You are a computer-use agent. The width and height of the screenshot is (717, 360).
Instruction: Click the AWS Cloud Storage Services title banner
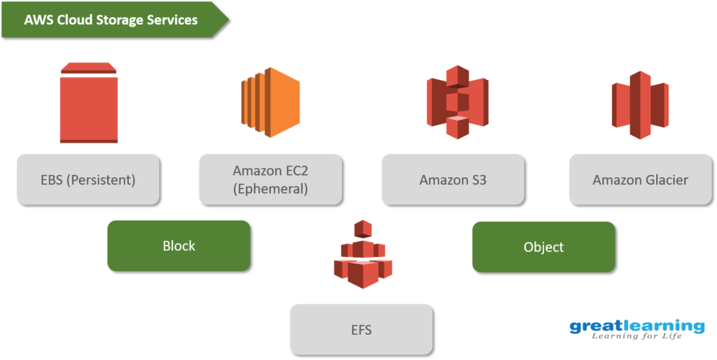[112, 20]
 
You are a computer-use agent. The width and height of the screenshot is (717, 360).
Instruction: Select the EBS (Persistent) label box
[88, 179]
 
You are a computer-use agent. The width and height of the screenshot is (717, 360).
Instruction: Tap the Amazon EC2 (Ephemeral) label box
[270, 179]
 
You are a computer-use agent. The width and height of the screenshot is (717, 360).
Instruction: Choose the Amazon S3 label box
[453, 179]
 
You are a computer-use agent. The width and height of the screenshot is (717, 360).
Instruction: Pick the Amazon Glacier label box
[640, 179]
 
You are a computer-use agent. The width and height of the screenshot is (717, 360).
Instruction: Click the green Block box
[179, 246]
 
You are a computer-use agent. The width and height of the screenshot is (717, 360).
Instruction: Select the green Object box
[543, 247]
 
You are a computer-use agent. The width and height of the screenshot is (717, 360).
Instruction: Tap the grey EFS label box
[361, 328]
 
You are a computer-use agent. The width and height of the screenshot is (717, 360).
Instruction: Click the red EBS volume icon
[89, 103]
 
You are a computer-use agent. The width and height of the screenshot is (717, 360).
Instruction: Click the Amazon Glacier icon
[640, 104]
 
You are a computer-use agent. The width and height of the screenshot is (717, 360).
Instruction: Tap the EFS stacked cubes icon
[363, 256]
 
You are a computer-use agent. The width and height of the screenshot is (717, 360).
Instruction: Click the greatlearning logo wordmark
[636, 326]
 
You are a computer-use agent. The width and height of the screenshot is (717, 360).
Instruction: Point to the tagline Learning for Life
[637, 338]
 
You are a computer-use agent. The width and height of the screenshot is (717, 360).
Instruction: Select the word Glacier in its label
[665, 180]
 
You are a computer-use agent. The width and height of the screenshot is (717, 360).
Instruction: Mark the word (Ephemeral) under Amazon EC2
[270, 188]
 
